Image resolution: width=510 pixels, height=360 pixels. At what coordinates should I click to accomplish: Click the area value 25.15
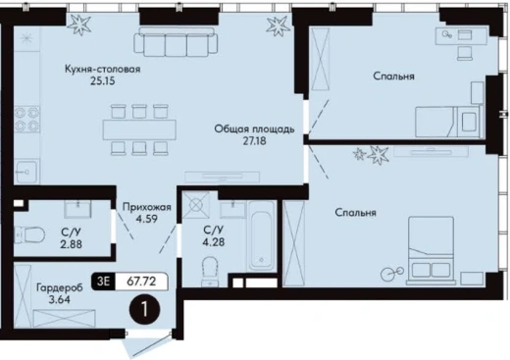[x=103, y=80]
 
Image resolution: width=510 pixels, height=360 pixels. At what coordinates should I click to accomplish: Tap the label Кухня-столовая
[x=103, y=70]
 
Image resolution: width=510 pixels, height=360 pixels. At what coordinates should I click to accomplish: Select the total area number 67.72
[x=141, y=281]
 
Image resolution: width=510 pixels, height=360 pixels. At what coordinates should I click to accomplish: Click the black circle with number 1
[x=145, y=310]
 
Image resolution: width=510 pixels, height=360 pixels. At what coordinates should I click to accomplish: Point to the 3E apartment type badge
[x=103, y=281]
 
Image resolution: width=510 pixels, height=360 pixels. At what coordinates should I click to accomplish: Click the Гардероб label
[x=60, y=287]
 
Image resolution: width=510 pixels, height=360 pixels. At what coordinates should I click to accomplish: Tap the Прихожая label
[x=147, y=207]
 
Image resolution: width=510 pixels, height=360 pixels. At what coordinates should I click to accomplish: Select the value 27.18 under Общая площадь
[x=254, y=141]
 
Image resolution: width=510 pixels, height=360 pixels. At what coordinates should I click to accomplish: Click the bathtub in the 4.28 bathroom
[x=261, y=235]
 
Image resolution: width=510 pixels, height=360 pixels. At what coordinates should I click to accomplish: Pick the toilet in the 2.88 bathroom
[x=29, y=234]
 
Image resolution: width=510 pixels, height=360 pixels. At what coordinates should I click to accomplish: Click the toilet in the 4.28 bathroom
[x=210, y=271]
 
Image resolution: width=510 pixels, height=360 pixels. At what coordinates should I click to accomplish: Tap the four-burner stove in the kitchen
[x=26, y=119]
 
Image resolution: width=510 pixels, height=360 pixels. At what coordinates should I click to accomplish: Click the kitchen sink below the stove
[x=26, y=172]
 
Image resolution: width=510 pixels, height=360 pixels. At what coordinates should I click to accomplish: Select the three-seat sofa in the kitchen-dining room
[x=176, y=42]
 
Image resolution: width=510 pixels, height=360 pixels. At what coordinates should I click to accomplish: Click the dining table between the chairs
[x=139, y=129]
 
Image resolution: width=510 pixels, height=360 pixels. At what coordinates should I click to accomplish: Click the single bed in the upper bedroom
[x=448, y=122]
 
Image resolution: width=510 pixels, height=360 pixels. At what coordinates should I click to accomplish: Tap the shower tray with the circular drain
[x=196, y=205]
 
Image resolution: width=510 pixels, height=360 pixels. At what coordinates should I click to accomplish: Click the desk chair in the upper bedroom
[x=465, y=53]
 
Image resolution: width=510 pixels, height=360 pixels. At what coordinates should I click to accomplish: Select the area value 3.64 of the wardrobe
[x=59, y=299]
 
